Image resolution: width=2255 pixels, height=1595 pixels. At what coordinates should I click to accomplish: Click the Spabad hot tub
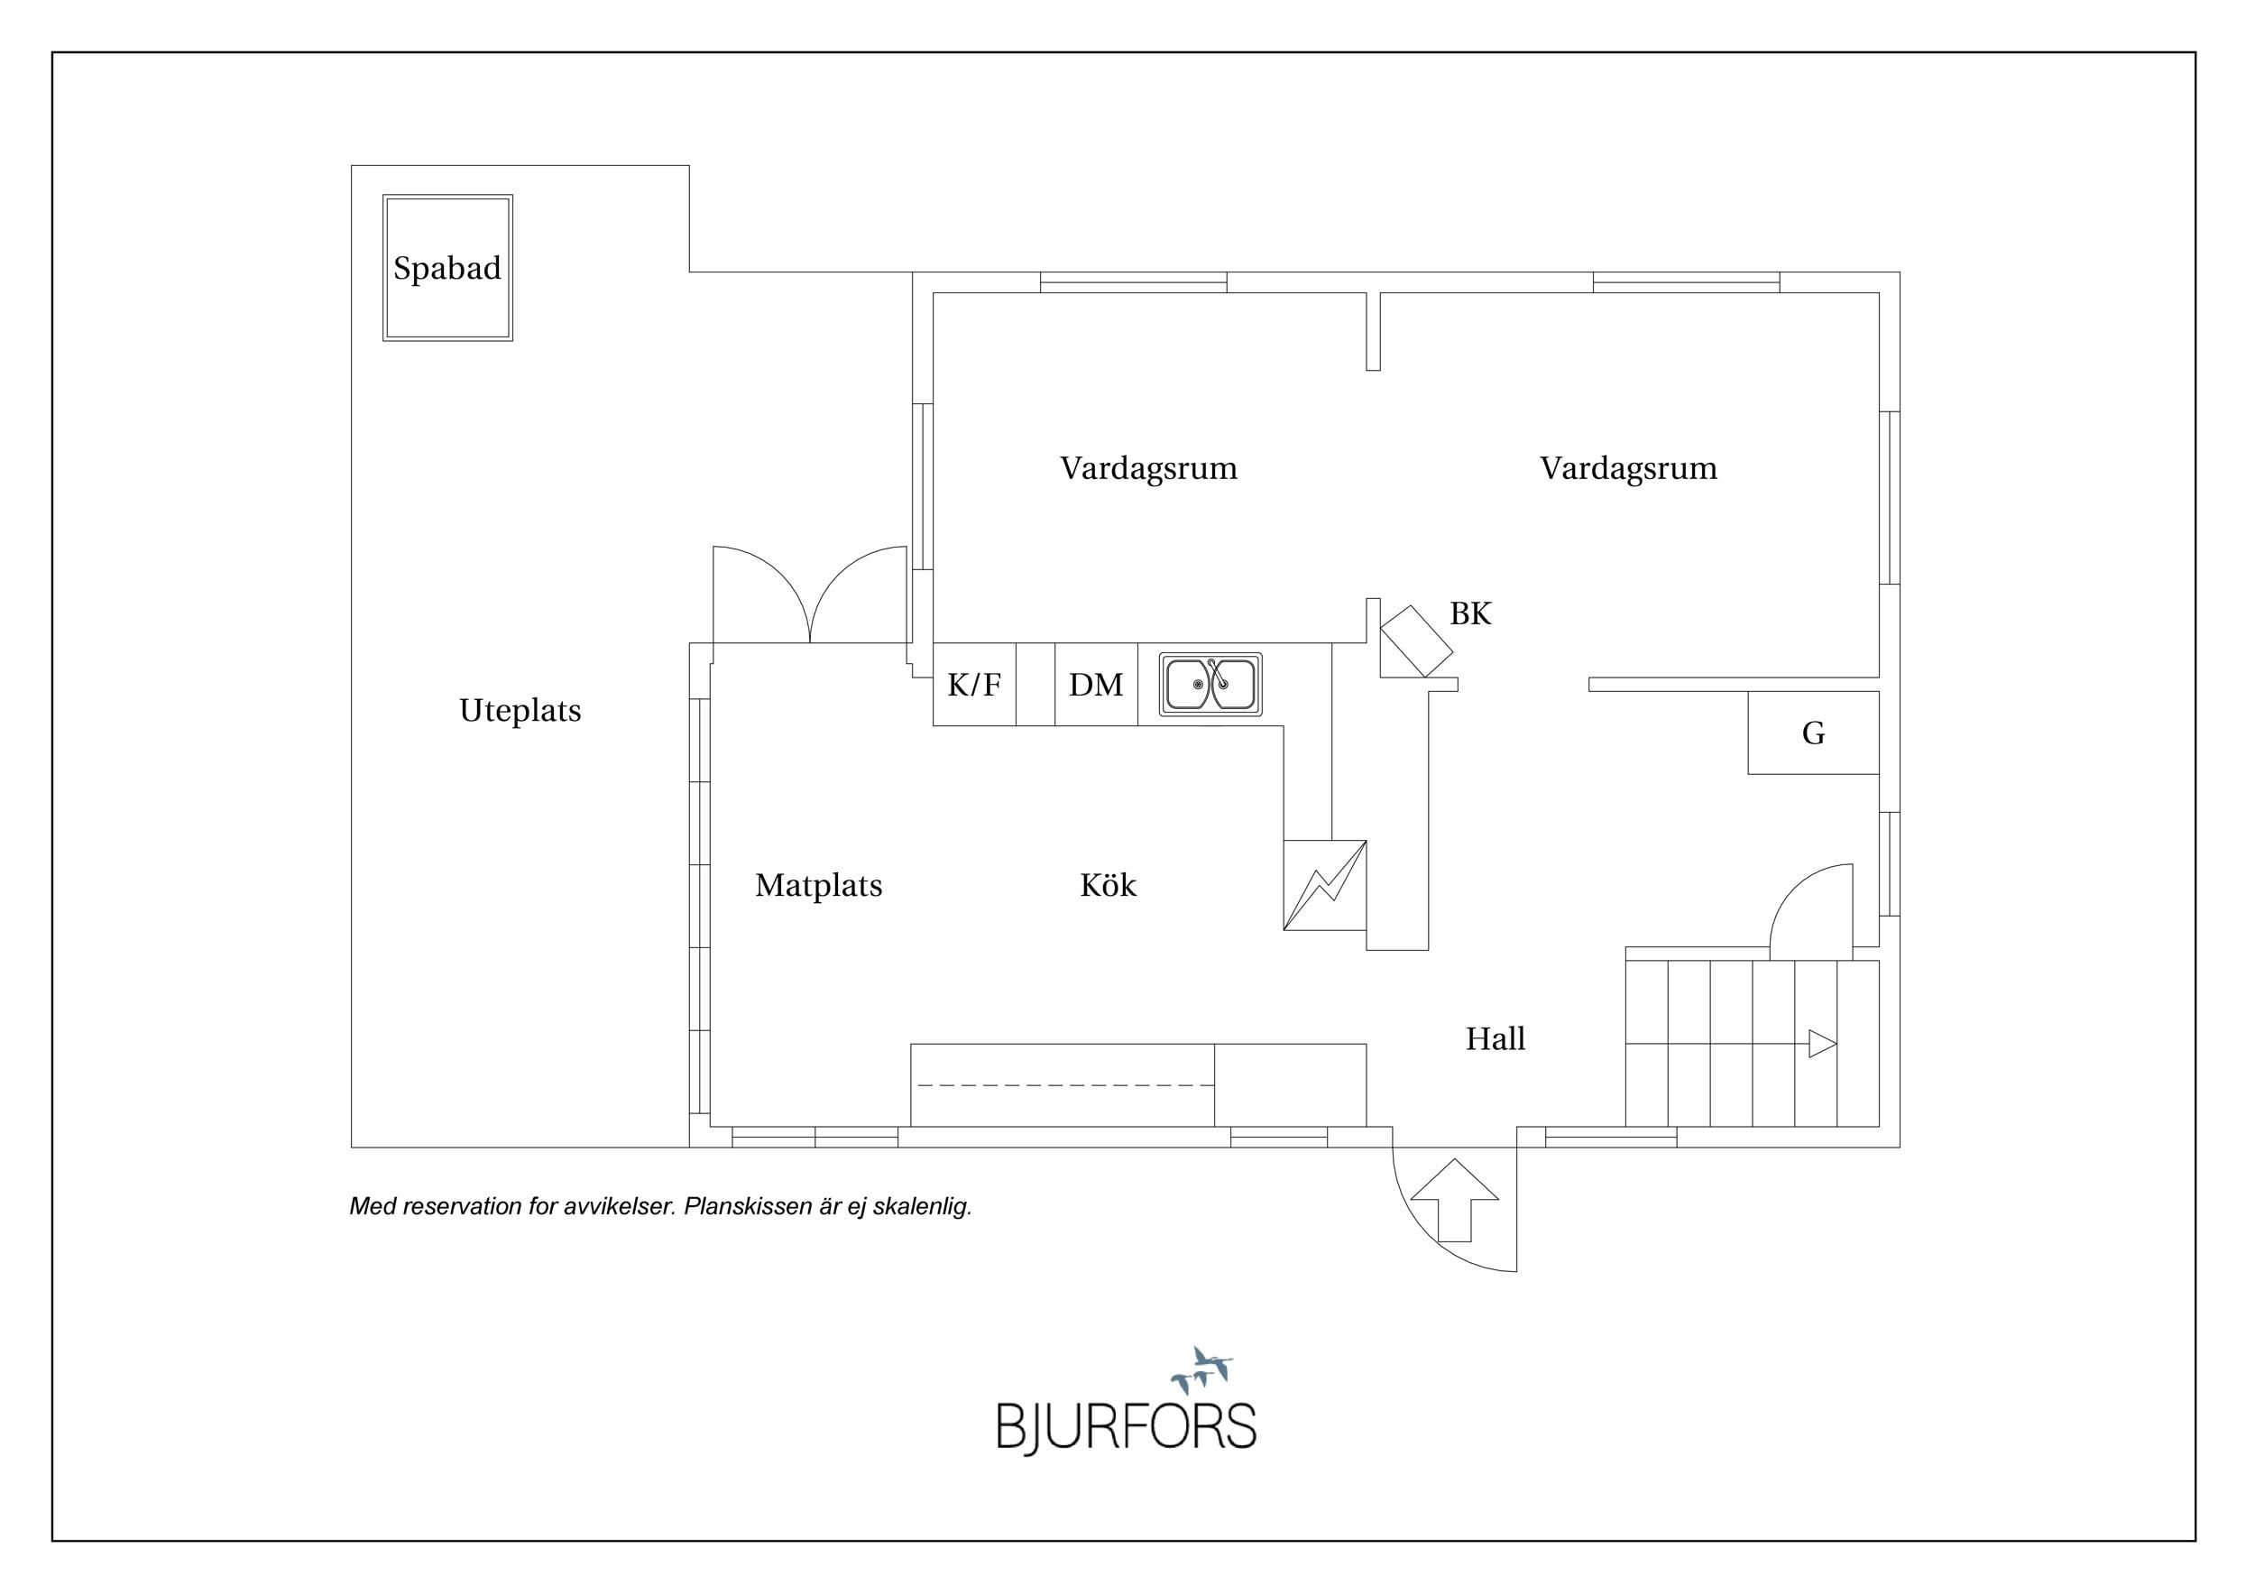tap(448, 268)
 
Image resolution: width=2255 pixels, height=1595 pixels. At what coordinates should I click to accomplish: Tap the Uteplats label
tap(520, 710)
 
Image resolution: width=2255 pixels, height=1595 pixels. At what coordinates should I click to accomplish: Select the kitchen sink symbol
tap(1210, 685)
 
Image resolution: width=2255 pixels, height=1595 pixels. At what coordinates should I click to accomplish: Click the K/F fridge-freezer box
tap(974, 685)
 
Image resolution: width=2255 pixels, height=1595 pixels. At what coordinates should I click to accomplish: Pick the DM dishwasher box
tap(1096, 685)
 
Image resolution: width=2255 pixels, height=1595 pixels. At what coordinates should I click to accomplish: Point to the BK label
tap(1470, 613)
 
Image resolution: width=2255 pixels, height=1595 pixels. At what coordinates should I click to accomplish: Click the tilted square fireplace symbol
tap(1416, 641)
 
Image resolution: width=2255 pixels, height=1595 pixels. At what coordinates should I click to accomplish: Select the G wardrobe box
tap(1813, 733)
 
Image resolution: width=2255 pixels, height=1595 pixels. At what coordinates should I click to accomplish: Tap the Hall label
tap(1496, 1039)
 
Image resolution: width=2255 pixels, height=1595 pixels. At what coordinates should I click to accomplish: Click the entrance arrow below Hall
tap(1455, 1200)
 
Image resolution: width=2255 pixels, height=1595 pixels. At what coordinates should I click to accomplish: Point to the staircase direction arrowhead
tap(1823, 1044)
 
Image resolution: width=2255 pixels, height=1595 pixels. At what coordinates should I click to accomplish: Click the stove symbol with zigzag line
tap(1325, 885)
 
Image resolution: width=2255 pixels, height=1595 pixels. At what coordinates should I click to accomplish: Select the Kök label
tap(1108, 885)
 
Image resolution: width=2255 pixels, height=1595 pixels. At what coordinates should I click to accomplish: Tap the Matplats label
tap(819, 886)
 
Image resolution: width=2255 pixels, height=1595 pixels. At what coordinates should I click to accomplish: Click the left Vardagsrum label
tap(1149, 468)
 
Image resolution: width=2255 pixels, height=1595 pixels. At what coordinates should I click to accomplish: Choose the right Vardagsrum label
tap(1628, 468)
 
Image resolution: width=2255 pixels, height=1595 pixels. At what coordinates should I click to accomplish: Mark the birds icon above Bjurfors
tap(1202, 1370)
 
